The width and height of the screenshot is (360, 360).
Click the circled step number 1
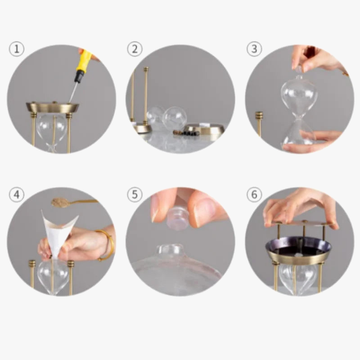(17, 49)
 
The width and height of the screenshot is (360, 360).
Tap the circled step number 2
(135, 49)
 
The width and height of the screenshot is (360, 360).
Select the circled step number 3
(254, 49)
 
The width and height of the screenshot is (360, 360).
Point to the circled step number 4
(17, 195)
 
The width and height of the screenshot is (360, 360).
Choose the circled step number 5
(135, 195)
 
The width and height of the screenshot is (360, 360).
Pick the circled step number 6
(254, 195)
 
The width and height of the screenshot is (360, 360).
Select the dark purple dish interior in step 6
(298, 246)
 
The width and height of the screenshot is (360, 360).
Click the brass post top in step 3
(259, 115)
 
